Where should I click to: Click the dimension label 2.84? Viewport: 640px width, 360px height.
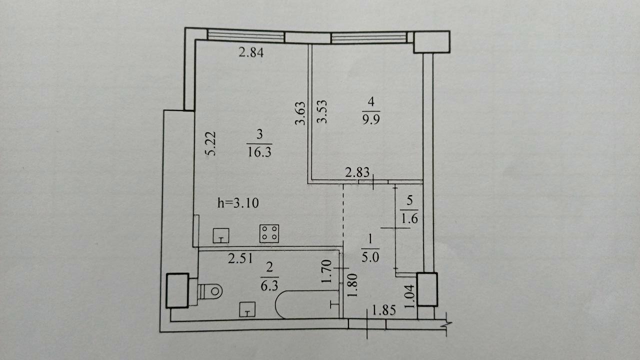[251, 52]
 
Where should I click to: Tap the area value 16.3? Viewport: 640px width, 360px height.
[259, 152]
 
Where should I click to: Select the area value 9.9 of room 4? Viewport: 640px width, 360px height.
[371, 118]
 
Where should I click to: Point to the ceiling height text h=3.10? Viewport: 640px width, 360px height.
[238, 203]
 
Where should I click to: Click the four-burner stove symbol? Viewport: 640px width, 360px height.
[269, 233]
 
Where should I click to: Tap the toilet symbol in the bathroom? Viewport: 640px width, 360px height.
[209, 291]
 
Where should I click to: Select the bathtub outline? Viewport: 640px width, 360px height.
[307, 304]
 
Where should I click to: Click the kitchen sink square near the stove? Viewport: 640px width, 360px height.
[221, 235]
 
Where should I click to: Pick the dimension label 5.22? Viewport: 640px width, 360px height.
[210, 143]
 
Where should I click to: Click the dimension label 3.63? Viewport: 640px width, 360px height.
[300, 113]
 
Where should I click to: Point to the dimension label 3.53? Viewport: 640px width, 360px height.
[322, 111]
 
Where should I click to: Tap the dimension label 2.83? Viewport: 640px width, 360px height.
[357, 172]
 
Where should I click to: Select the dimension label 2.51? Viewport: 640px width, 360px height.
[240, 258]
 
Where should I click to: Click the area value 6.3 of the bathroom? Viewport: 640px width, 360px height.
[269, 285]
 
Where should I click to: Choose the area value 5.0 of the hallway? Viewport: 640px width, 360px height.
[370, 257]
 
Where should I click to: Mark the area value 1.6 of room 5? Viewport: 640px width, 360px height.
[409, 218]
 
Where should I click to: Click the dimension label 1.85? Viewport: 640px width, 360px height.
[384, 310]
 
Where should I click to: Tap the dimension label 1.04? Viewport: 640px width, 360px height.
[409, 296]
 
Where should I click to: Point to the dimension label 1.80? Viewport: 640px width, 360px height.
[352, 285]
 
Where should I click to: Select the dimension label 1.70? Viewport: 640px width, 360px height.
[326, 271]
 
